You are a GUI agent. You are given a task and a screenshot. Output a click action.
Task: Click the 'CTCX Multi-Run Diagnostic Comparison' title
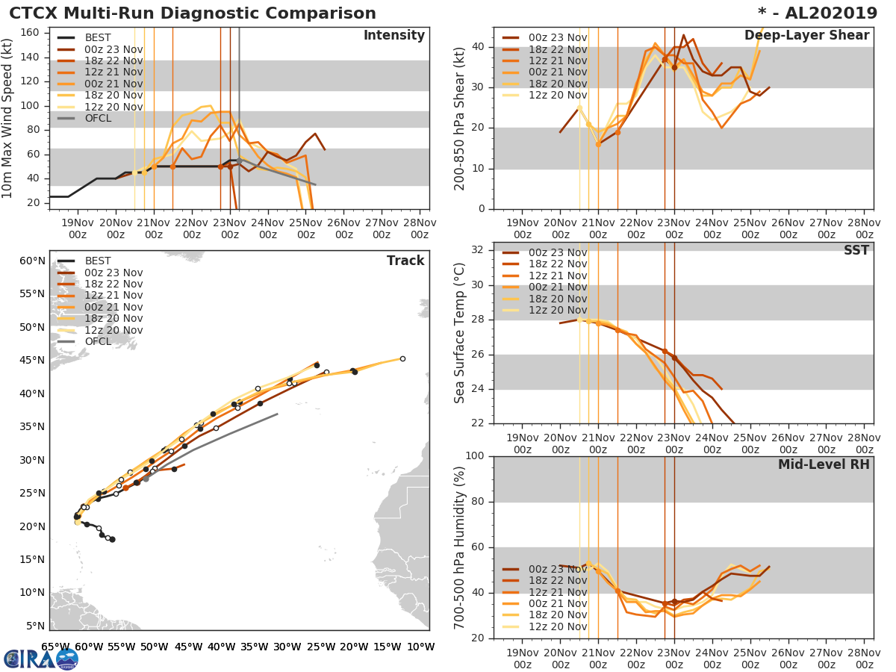click(193, 13)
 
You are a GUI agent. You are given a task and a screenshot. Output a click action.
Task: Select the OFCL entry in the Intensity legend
click(97, 119)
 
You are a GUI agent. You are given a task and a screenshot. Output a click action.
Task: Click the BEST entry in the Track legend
click(97, 261)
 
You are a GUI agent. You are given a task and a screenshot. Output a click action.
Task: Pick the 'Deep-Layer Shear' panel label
click(806, 36)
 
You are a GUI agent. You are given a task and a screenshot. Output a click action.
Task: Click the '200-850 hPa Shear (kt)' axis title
click(460, 119)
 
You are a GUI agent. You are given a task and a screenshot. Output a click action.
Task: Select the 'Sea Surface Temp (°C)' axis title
click(460, 333)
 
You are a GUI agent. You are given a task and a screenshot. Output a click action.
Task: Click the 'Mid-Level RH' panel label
click(824, 464)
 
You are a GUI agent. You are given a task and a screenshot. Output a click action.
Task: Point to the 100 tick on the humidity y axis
click(476, 456)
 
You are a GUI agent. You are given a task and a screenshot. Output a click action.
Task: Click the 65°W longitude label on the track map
click(56, 647)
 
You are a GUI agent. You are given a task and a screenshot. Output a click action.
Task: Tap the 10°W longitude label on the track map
click(421, 647)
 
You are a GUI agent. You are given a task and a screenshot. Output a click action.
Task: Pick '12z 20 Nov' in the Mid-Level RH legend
click(558, 626)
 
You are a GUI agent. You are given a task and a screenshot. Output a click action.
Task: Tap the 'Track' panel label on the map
click(405, 261)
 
